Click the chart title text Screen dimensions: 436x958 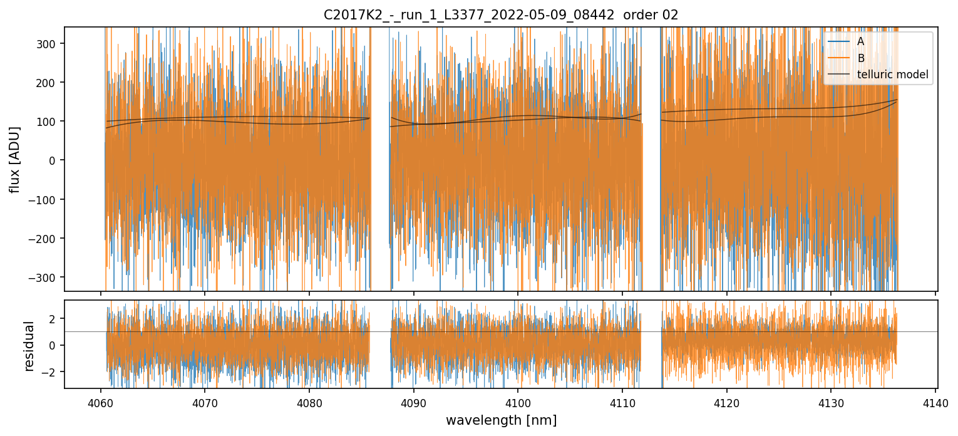[x=500, y=15]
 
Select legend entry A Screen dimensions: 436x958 [x=860, y=42]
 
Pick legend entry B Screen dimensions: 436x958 [x=860, y=59]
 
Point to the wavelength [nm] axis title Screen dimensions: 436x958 [x=500, y=420]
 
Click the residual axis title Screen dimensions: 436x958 [x=29, y=345]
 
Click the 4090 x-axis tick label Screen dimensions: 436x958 [x=413, y=401]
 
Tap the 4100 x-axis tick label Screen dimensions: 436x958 [x=518, y=401]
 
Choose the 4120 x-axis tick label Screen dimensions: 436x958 [x=726, y=401]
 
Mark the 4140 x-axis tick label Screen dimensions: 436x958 [x=935, y=401]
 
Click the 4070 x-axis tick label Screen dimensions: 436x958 [x=205, y=401]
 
